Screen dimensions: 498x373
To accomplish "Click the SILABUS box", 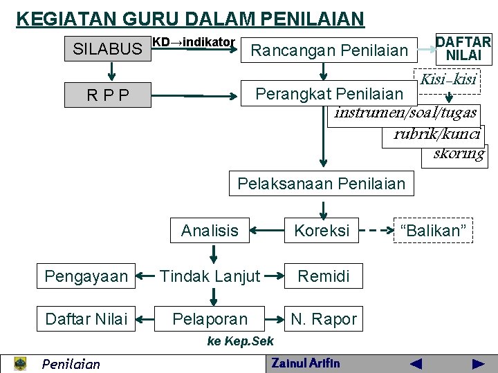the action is (x=107, y=49).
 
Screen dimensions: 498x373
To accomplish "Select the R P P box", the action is (x=107, y=95).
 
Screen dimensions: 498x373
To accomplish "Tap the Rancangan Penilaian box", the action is (x=329, y=50).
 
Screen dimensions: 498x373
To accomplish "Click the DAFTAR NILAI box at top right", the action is (x=463, y=49).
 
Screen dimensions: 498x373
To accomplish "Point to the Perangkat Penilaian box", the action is (x=329, y=93).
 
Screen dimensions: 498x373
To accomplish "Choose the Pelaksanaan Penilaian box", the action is (x=321, y=184).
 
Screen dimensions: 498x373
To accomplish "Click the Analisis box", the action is (x=209, y=231).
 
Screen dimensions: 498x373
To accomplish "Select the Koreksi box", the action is (x=322, y=231).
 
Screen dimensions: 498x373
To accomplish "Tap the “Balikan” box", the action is (x=434, y=231).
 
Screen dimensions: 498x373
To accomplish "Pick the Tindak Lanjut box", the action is (x=210, y=276).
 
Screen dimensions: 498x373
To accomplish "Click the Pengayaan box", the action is (x=86, y=276).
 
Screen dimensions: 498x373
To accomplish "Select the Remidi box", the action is (x=323, y=276).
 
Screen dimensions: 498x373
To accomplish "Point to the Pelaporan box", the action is (x=210, y=319).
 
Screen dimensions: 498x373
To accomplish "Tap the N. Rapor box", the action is (x=323, y=319).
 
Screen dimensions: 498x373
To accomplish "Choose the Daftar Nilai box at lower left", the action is (x=86, y=319).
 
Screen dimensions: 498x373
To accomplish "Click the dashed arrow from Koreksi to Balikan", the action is (x=376, y=231).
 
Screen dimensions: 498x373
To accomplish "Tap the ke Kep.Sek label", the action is (x=240, y=341).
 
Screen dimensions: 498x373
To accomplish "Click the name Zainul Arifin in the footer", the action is (x=306, y=363).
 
